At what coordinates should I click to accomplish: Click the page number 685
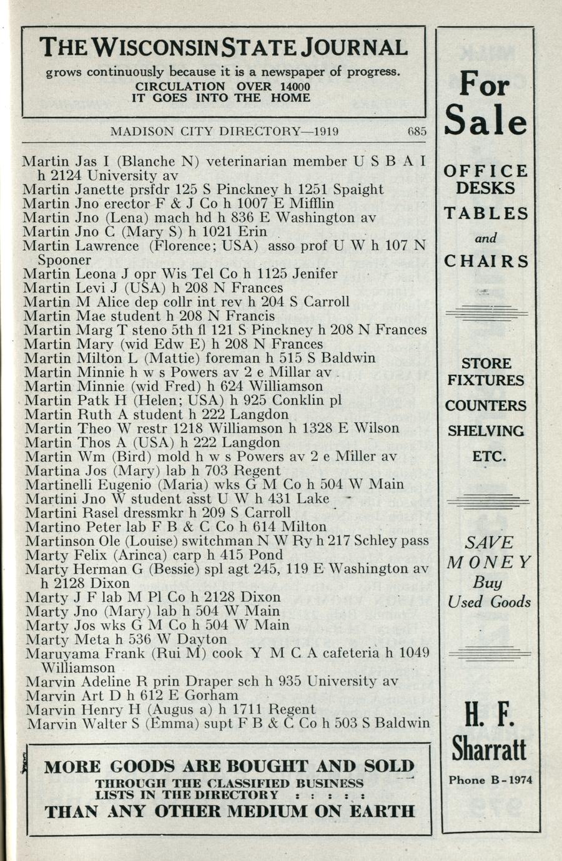point(417,132)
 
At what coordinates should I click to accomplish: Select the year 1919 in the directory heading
point(327,132)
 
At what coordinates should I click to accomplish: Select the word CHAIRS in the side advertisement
point(486,261)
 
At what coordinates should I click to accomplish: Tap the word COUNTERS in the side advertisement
point(485,406)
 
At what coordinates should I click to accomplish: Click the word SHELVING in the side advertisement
point(485,431)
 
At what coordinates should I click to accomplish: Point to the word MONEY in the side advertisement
point(489,562)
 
